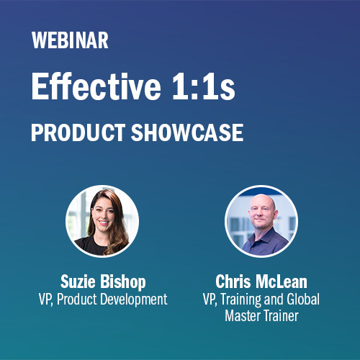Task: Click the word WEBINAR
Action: tap(70, 40)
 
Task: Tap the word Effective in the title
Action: tap(96, 86)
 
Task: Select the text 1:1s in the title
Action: tap(204, 86)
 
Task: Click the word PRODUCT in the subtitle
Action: tap(78, 132)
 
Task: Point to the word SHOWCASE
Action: tap(187, 132)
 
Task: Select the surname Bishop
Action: tap(123, 282)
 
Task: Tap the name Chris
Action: tap(233, 282)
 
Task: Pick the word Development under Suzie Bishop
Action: tap(134, 300)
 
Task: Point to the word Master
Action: tap(243, 315)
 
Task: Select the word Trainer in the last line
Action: tap(281, 315)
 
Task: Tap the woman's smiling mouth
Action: tap(104, 222)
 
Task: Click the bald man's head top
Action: tap(262, 198)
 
